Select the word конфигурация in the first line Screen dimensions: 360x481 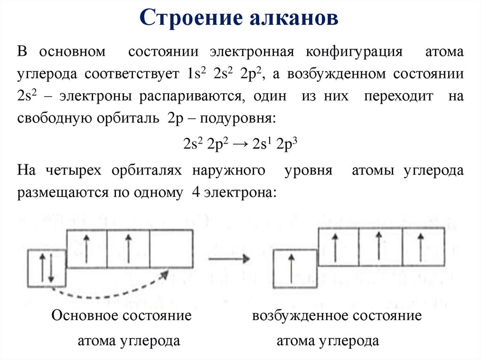click(356, 52)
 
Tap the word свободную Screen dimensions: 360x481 click(54, 119)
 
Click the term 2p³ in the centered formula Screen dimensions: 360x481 click(288, 144)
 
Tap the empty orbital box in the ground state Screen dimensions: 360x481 click(171, 249)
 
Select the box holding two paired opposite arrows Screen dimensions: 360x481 click(47, 268)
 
